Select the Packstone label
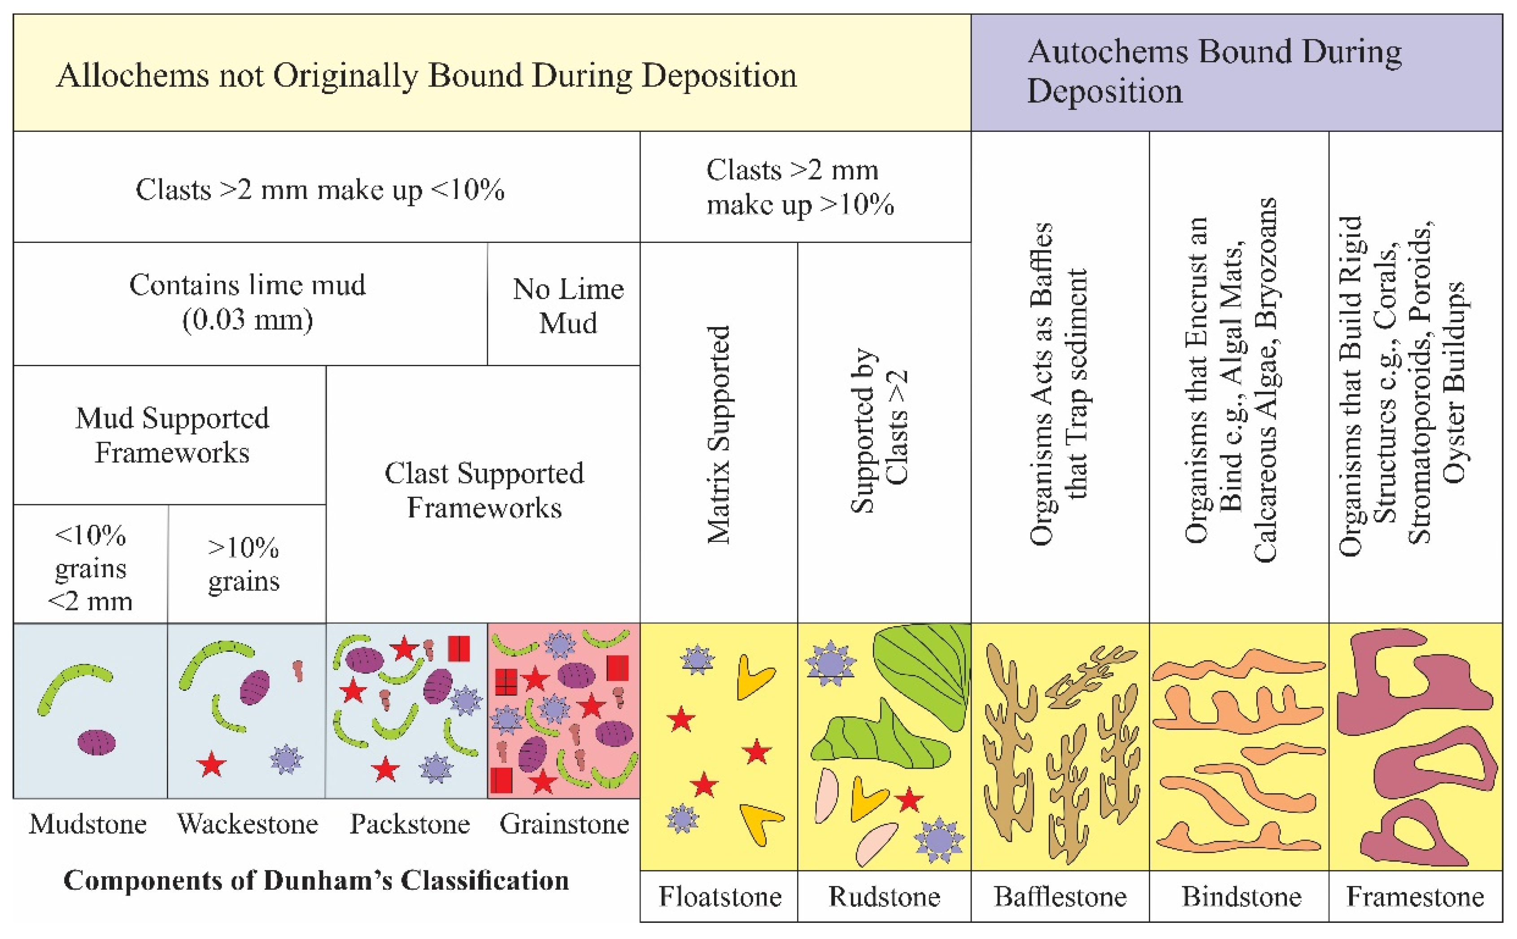410,824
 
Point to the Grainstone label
564,824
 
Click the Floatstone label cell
719,896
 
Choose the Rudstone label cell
884,896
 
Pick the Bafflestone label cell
1060,896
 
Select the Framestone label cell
1415,896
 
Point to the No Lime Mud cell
567,306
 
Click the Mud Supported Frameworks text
172,435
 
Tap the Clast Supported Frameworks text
484,490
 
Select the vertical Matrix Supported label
719,435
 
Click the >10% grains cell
244,564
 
